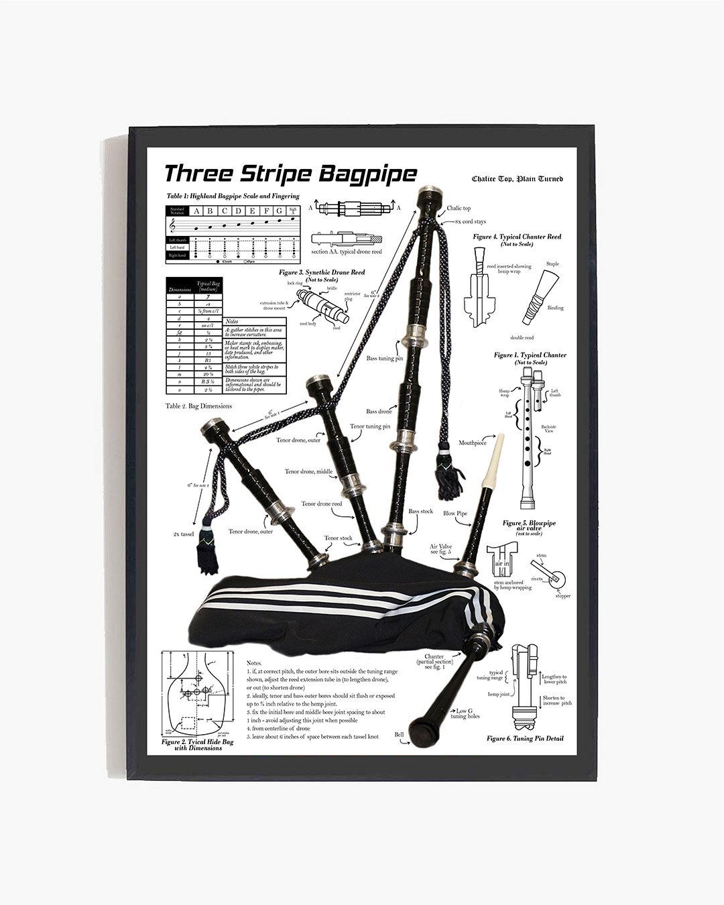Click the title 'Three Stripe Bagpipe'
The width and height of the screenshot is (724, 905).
tap(290, 174)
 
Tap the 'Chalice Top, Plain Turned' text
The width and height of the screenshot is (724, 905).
tap(517, 179)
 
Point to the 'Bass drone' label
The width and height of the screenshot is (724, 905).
tap(379, 411)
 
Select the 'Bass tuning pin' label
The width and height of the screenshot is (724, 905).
tap(384, 359)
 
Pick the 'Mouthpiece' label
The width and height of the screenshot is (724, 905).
tap(472, 442)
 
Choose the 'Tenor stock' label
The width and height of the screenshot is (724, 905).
tap(338, 538)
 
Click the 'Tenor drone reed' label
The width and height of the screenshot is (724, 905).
tap(321, 503)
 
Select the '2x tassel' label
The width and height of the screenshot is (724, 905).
tap(182, 534)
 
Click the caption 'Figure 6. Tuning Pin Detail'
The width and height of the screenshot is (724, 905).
tap(525, 738)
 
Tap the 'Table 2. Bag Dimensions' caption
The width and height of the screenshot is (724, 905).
tap(198, 406)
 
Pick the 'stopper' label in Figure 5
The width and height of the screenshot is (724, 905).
tap(562, 595)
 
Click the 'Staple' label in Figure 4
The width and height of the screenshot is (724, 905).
tap(552, 264)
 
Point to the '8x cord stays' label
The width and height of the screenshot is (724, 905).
tap(470, 221)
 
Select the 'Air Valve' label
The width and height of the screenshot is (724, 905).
tap(440, 547)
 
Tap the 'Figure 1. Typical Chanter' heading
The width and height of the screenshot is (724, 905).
tap(530, 355)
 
